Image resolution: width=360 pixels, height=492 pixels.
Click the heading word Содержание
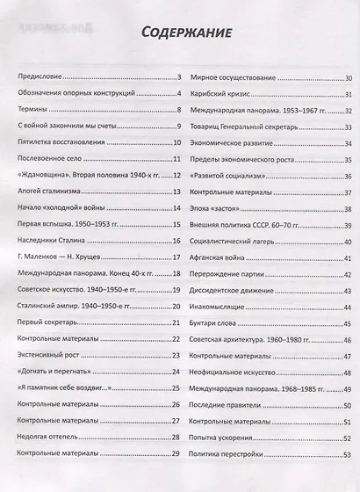179,34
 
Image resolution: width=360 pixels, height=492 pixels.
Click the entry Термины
32,111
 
